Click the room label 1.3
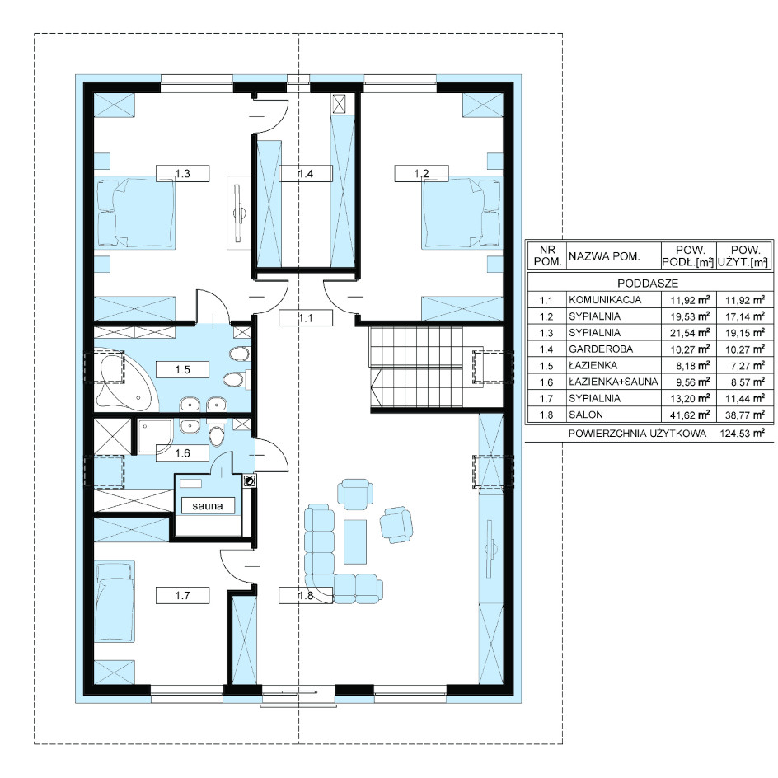183,174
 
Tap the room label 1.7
183,595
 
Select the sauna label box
208,505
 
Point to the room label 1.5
183,370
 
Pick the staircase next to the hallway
416,368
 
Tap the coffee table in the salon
355,541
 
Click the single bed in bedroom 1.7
115,602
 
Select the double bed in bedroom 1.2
461,214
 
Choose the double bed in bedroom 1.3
135,214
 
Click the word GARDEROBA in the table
601,349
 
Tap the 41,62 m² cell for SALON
690,415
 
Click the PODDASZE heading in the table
648,284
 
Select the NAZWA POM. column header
604,256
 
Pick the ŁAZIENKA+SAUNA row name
613,382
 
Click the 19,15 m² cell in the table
745,333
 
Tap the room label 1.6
183,453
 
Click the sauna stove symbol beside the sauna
250,480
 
